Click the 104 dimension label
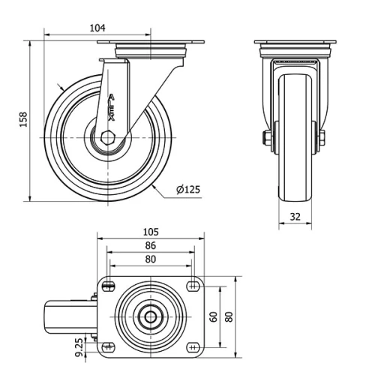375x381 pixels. tap(97, 27)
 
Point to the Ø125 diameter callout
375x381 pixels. tap(187, 190)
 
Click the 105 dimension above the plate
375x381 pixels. tap(151, 232)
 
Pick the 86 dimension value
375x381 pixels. tap(151, 245)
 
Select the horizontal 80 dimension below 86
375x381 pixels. tap(151, 259)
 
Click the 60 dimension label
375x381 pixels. tap(213, 316)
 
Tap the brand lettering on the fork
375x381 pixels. tap(112, 106)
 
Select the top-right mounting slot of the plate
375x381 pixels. tap(193, 285)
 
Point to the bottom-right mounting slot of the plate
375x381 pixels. tap(193, 346)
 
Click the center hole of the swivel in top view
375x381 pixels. tap(151, 316)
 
